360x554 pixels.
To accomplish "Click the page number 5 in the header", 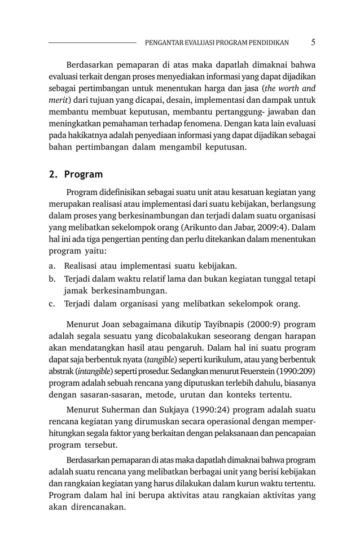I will [x=313, y=42].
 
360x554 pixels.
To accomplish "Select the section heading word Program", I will [x=84, y=175].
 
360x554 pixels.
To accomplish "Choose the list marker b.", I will [x=52, y=279].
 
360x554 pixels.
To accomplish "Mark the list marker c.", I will [x=52, y=304].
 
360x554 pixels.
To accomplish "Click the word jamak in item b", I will [x=76, y=291].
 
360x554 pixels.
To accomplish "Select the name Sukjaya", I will [x=177, y=409].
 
